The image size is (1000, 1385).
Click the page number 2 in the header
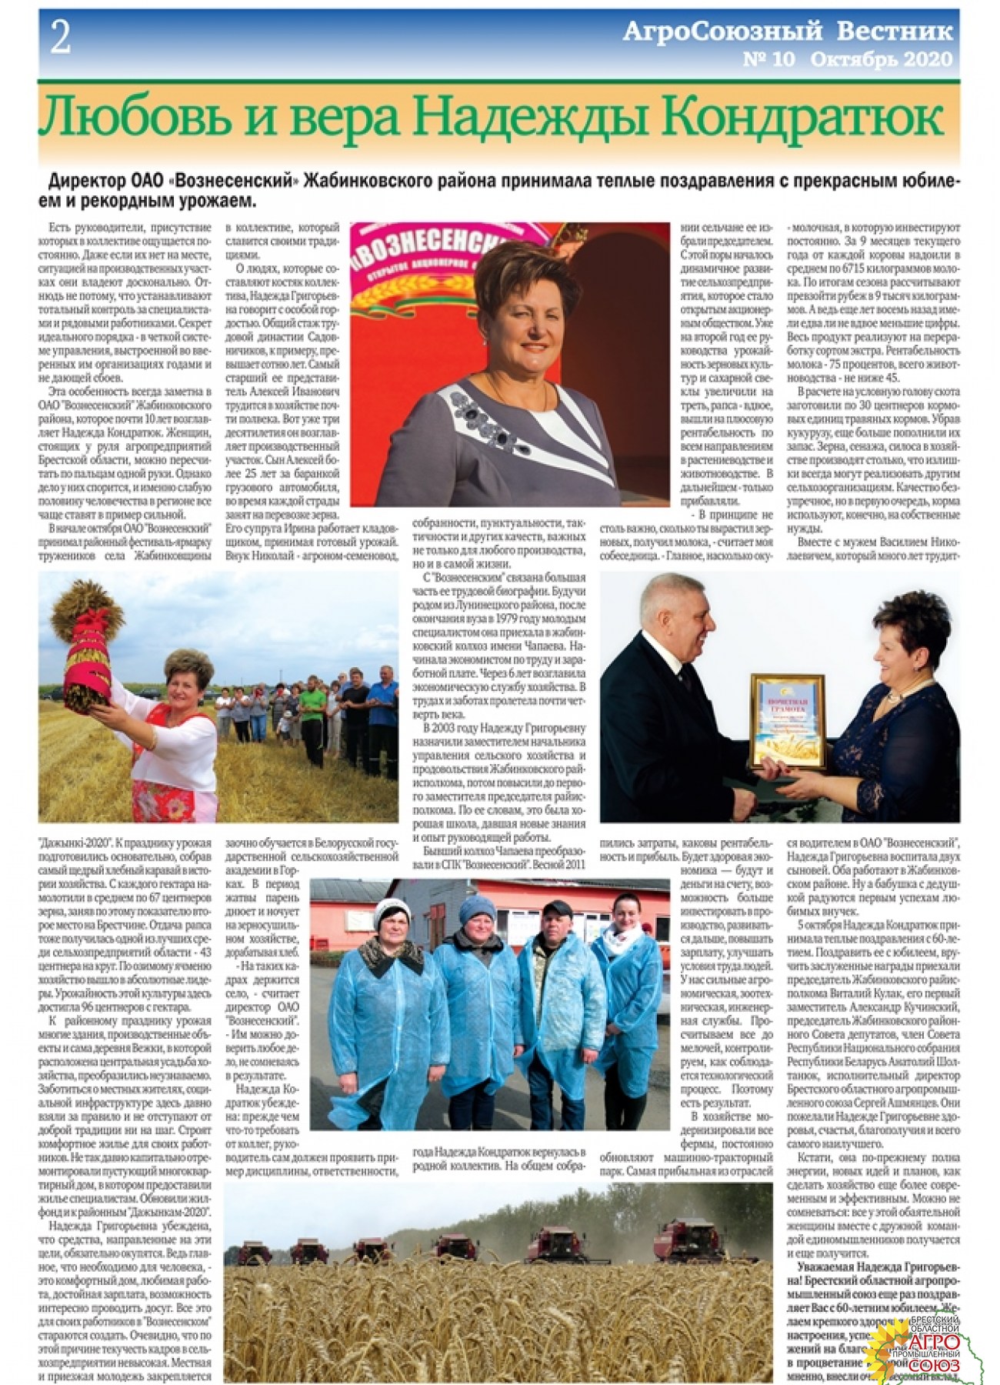coord(60,39)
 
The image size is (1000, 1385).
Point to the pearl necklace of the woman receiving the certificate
coord(895,699)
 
